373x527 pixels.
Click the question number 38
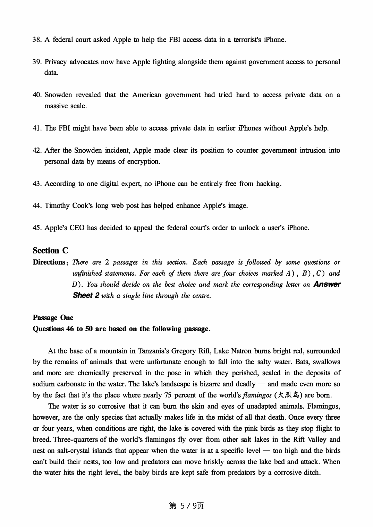pos(37,40)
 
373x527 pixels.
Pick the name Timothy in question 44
pos(57,206)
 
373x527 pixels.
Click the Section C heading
pos(51,250)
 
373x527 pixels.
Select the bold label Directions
pos(49,262)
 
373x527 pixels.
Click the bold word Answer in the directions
pos(327,284)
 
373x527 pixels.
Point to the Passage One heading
pos(53,318)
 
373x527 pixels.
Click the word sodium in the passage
pos(44,384)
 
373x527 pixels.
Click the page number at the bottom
pos(186,506)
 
